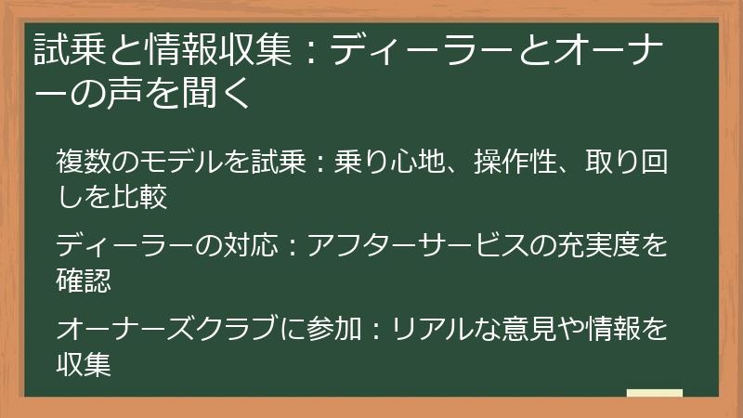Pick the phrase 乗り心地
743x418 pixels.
pos(396,163)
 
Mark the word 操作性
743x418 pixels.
pos(515,163)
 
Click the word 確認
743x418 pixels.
pos(84,278)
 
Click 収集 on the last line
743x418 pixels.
pos(84,362)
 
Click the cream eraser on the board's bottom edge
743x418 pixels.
pos(654,394)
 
